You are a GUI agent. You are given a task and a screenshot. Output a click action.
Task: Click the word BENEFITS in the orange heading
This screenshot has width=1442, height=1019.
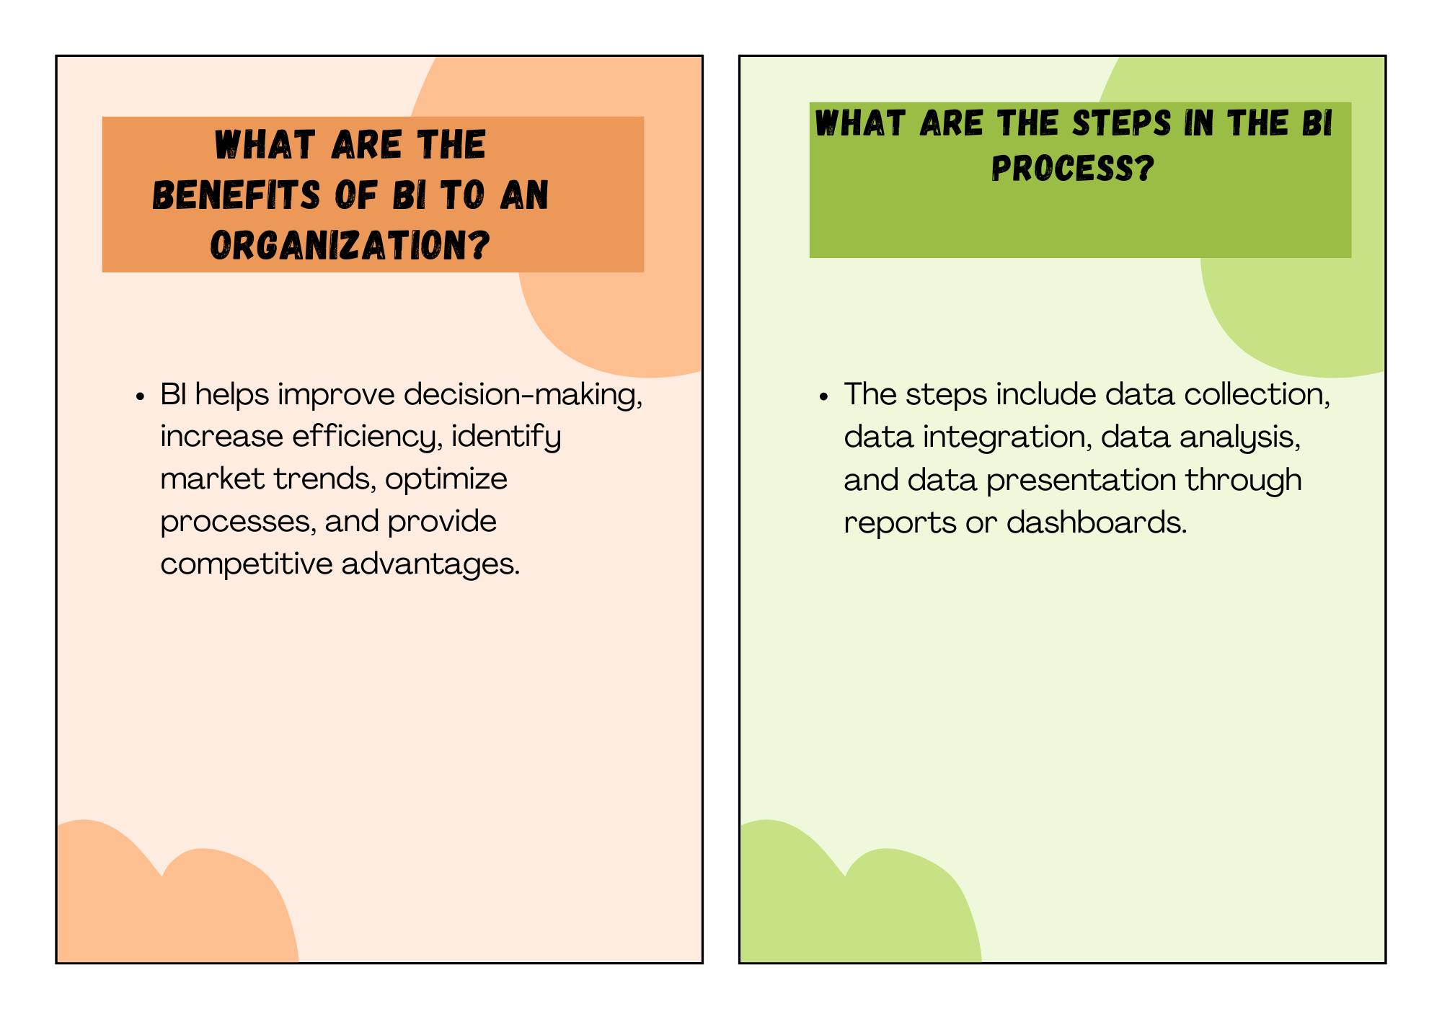pyautogui.click(x=236, y=195)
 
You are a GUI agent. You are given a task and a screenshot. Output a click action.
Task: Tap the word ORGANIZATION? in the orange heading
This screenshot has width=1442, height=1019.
pyautogui.click(x=350, y=246)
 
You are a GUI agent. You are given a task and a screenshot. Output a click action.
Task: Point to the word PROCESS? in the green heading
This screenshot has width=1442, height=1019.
pyautogui.click(x=1073, y=169)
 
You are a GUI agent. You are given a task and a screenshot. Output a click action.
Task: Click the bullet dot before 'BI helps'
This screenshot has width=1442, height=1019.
pyautogui.click(x=141, y=397)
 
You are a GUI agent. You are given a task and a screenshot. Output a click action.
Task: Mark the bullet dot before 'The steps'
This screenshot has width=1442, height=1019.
pyautogui.click(x=824, y=397)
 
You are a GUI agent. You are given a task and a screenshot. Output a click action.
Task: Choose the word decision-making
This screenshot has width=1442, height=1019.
pyautogui.click(x=523, y=396)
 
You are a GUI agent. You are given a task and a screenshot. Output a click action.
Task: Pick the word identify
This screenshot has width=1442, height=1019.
pyautogui.click(x=506, y=437)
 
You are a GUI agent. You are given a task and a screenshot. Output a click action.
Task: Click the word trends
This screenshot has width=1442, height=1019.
pyautogui.click(x=324, y=479)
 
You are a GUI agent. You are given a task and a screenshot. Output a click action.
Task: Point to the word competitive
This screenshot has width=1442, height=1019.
pyautogui.click(x=247, y=564)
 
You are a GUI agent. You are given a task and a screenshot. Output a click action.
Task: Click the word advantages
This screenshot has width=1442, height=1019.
pyautogui.click(x=430, y=564)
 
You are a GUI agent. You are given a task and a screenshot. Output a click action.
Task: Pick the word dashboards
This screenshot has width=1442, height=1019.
pyautogui.click(x=1097, y=522)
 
